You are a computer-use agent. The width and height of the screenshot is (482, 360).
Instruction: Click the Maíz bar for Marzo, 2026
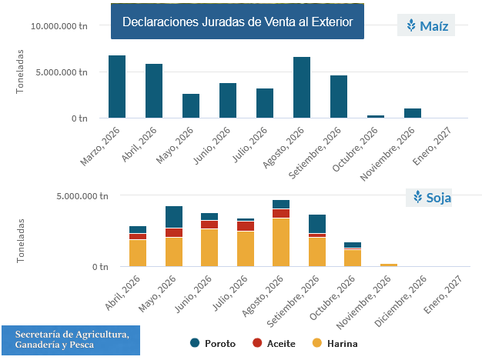(x=117, y=87)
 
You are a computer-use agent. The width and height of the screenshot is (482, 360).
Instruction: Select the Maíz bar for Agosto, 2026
(x=302, y=87)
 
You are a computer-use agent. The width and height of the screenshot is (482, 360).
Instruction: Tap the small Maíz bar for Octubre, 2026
(x=376, y=116)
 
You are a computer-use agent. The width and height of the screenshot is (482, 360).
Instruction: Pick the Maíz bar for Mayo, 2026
(x=191, y=105)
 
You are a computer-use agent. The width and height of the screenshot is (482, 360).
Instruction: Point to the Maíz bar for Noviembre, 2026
(x=413, y=113)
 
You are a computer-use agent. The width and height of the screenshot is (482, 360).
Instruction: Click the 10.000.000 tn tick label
(x=59, y=26)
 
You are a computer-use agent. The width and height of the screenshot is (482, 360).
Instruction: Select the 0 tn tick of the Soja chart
(x=100, y=267)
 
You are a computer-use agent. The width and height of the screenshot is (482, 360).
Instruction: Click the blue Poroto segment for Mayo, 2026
(x=174, y=217)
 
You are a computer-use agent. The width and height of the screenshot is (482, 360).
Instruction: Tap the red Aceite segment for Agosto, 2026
(x=281, y=214)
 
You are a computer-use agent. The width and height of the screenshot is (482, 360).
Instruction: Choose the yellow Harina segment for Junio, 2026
(x=209, y=248)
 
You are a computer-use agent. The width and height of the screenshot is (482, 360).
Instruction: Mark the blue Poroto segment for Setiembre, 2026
(x=317, y=224)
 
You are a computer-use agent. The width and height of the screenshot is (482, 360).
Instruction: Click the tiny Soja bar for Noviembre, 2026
(x=389, y=265)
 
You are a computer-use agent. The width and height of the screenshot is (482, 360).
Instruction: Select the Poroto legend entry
(x=213, y=343)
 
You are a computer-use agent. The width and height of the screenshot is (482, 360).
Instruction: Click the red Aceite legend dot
(x=257, y=343)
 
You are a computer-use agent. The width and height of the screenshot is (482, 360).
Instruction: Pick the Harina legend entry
(x=335, y=343)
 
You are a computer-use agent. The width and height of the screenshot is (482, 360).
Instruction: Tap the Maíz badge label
(x=426, y=25)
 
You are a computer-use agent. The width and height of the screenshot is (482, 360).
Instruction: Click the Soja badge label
(x=429, y=198)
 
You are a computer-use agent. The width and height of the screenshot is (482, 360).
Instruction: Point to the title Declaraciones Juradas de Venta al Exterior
(x=238, y=22)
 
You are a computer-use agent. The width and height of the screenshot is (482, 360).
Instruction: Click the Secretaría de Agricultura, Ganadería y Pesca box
(x=71, y=340)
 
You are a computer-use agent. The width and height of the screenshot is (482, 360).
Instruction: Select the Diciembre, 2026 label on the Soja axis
(x=401, y=302)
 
